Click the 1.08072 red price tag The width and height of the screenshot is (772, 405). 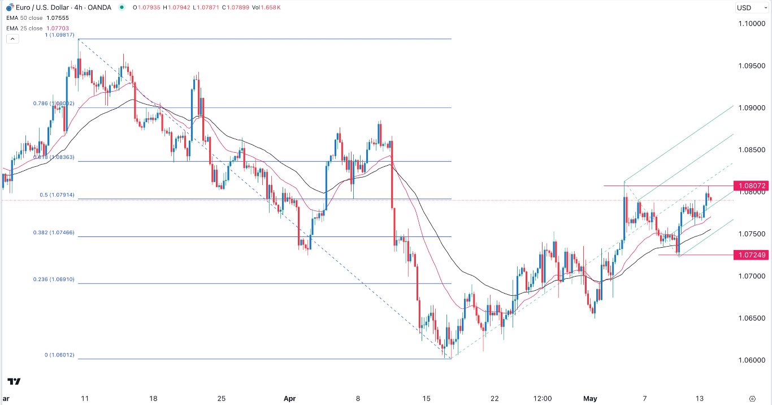point(751,186)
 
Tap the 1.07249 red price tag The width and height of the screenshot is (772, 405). point(751,255)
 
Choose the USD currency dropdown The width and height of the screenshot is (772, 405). point(751,8)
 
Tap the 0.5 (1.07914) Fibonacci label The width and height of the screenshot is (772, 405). point(59,195)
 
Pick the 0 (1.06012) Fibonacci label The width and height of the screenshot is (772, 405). point(59,355)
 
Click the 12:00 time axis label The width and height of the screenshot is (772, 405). point(543,398)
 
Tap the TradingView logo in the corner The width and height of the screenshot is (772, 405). point(15,382)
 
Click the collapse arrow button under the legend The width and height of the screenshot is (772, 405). point(12,38)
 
